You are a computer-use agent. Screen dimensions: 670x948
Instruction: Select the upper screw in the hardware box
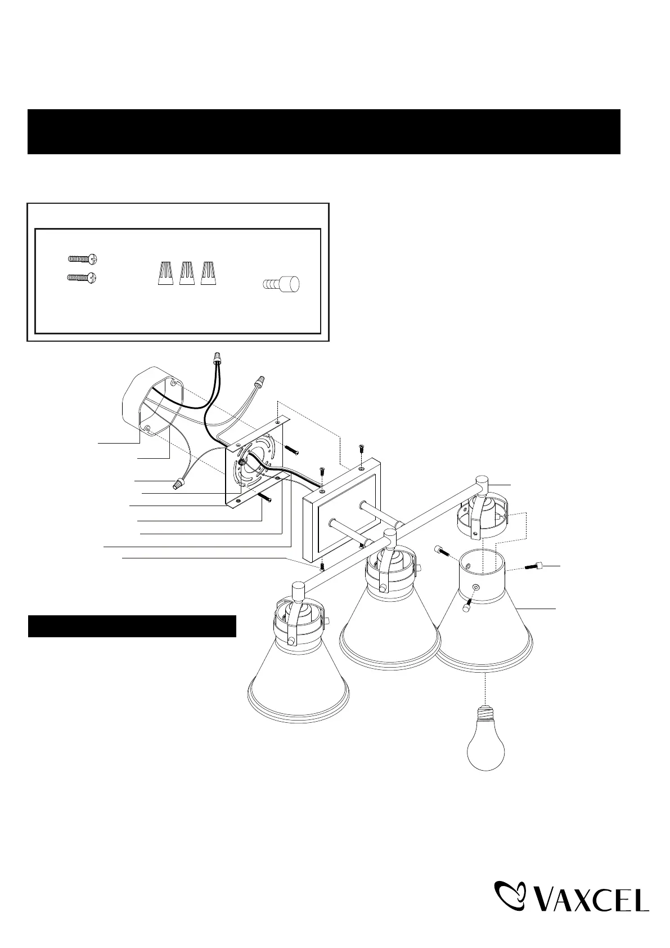[83, 258]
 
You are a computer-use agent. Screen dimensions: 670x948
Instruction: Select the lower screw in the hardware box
[83, 278]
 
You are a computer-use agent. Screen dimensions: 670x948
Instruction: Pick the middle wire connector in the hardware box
[187, 274]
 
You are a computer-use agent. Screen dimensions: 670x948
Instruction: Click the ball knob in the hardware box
[281, 282]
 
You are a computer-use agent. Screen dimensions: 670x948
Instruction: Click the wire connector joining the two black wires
[218, 357]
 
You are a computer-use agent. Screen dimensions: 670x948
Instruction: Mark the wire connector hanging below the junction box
[180, 483]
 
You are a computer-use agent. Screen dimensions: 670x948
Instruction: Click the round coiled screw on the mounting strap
[242, 463]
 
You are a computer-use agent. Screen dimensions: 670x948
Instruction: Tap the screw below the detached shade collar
[466, 606]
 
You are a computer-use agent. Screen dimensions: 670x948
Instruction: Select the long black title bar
[324, 132]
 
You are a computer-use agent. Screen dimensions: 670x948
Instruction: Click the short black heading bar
[132, 627]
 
